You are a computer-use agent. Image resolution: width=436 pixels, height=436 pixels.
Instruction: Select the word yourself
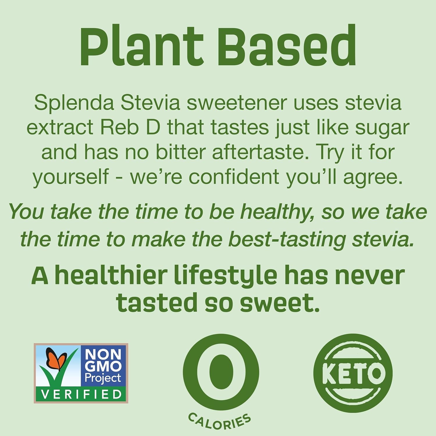[x=71, y=176]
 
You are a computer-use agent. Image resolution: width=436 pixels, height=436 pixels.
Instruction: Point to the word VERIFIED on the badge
[x=81, y=394]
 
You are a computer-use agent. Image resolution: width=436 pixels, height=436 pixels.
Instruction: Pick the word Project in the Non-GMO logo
[x=102, y=378]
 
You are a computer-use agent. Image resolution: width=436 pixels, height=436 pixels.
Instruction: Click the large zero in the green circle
[x=221, y=372]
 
